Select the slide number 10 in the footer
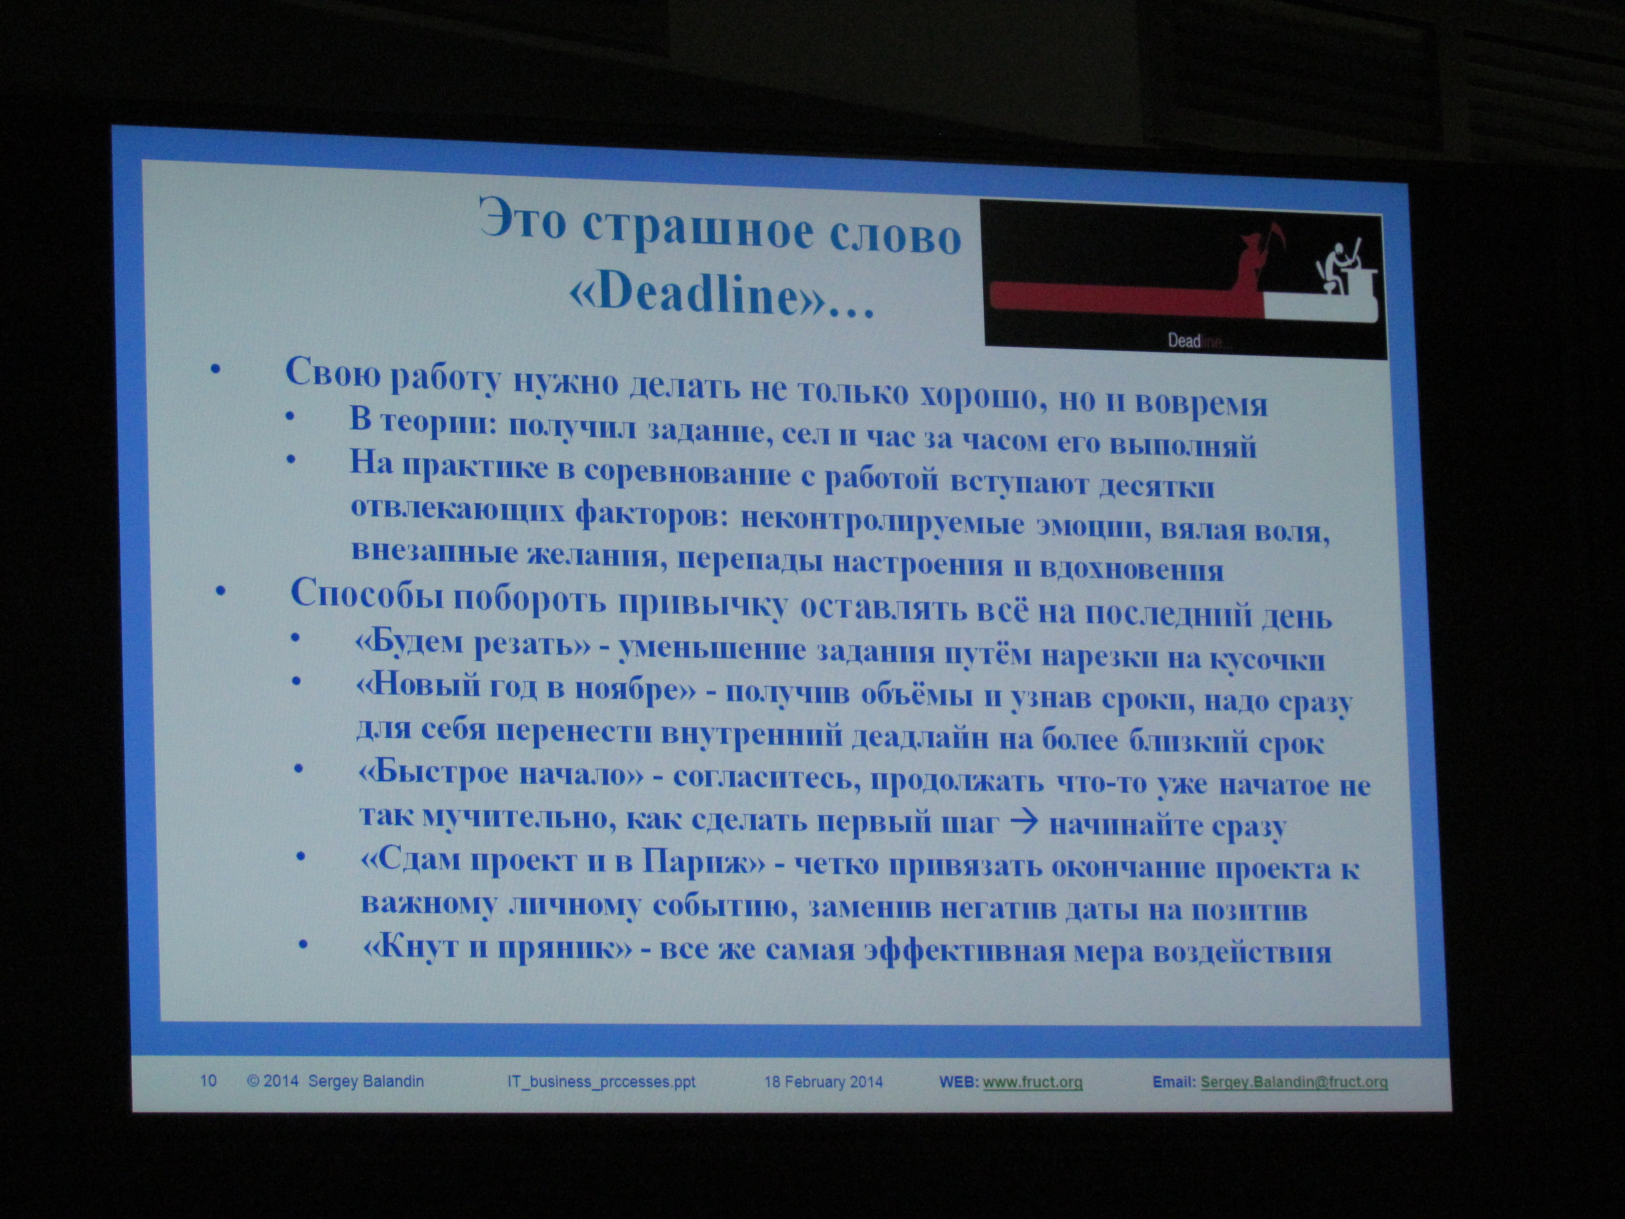pyautogui.click(x=209, y=1080)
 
